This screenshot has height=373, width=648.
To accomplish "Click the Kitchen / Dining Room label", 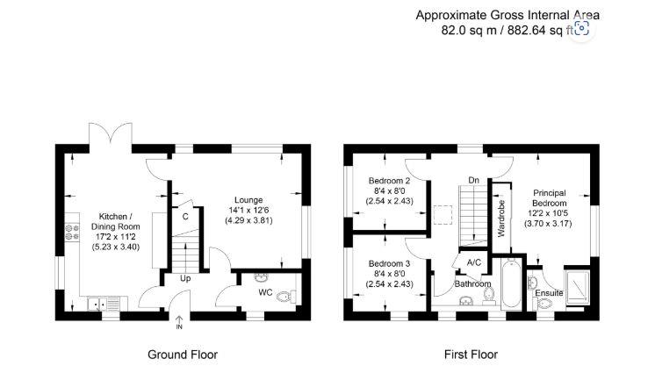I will click(x=116, y=221).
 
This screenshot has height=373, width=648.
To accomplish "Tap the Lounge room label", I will click(x=248, y=199).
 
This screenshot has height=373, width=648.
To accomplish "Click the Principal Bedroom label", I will click(x=548, y=198).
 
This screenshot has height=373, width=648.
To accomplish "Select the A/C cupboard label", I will click(x=473, y=262).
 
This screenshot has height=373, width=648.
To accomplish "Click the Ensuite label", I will click(x=550, y=292).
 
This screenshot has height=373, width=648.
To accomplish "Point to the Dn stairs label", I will click(x=473, y=180).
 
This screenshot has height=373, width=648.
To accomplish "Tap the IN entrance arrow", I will click(x=179, y=321).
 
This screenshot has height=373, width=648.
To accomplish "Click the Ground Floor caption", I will click(x=182, y=355).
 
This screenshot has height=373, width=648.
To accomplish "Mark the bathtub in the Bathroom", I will click(x=510, y=284).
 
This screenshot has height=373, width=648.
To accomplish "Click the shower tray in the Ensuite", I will click(x=579, y=283).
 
